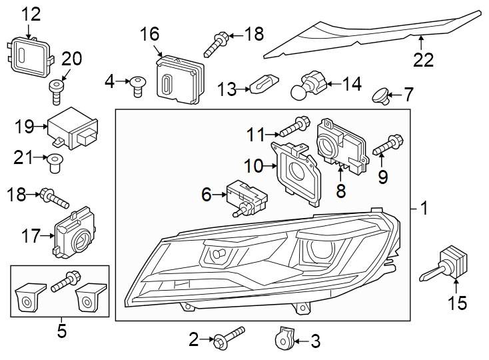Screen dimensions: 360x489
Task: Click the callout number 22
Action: (x=423, y=60)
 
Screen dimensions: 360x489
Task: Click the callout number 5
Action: (x=61, y=331)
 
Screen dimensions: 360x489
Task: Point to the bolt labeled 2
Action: (x=227, y=337)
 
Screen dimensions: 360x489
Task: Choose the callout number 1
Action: (x=423, y=209)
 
